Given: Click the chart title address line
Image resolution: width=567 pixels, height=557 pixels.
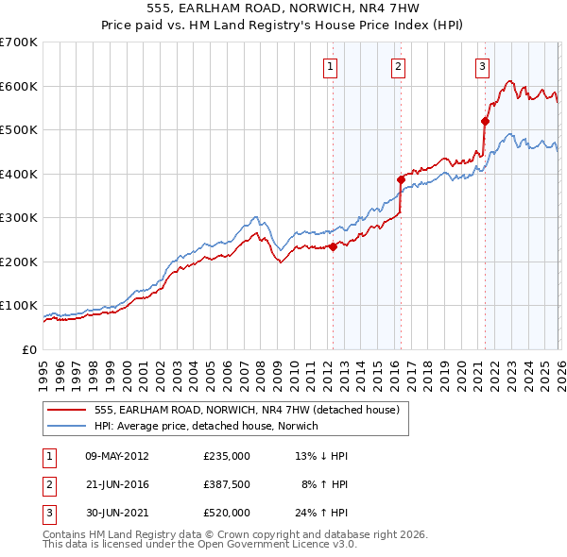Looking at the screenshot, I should (283, 10).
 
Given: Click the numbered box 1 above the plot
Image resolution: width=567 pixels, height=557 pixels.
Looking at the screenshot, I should (331, 66).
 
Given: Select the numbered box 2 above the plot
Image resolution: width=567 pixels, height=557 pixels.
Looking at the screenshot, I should (399, 66).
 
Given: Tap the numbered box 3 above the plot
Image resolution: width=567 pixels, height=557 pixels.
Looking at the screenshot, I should (483, 66).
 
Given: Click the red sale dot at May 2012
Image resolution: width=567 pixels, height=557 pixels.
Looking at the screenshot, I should (333, 247).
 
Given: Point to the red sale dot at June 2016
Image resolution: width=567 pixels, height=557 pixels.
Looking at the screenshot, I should (401, 179).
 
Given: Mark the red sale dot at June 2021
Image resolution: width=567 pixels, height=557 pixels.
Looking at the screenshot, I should (485, 121).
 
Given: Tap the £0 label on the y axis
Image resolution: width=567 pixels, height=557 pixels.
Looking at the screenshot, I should (29, 350).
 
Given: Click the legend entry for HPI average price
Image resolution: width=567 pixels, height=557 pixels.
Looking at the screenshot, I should (207, 426).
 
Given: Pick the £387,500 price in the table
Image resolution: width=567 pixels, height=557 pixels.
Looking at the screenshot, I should (227, 484).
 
